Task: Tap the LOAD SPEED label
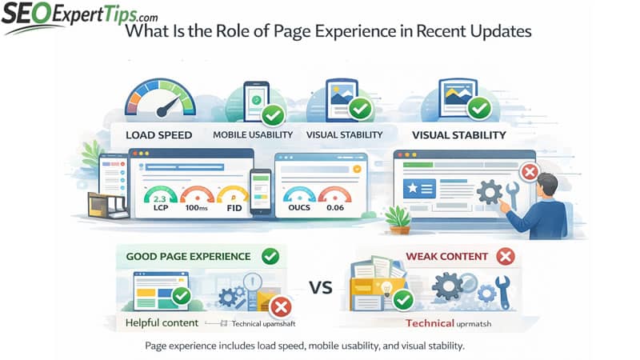point(158,134)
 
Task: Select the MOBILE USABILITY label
point(251,134)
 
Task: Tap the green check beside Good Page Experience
point(270,257)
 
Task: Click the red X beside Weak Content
point(504,257)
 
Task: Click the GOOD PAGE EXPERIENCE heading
point(188,257)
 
